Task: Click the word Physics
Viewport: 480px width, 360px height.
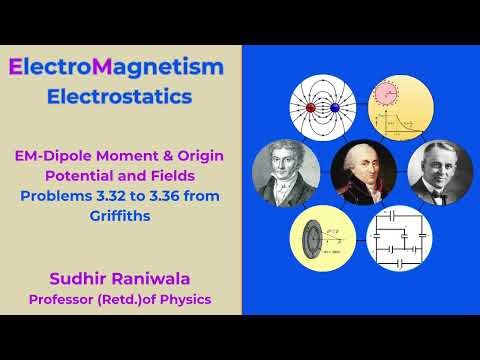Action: [x=186, y=298]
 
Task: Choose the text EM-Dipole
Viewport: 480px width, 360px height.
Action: [x=55, y=155]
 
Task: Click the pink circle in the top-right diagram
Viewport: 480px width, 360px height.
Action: [x=387, y=95]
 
